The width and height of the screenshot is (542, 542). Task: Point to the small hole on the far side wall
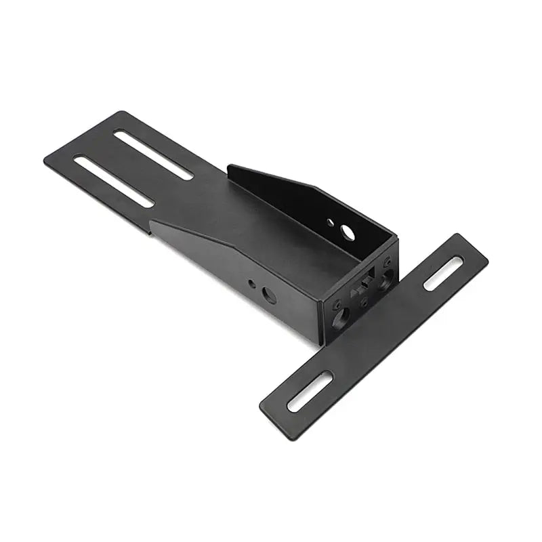[x=330, y=222]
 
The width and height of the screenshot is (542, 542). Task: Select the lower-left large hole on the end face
[x=338, y=312]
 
